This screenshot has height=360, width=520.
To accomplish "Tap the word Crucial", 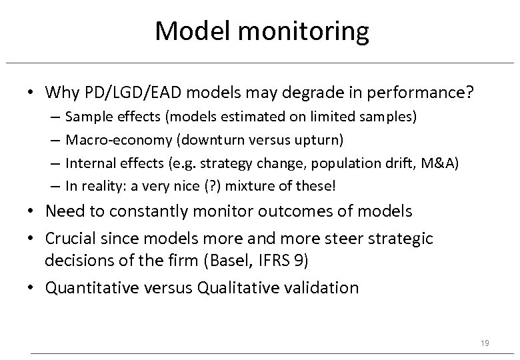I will (71, 239).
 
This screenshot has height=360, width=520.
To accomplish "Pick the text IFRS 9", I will (283, 260).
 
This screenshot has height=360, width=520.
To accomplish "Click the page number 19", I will (485, 343).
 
